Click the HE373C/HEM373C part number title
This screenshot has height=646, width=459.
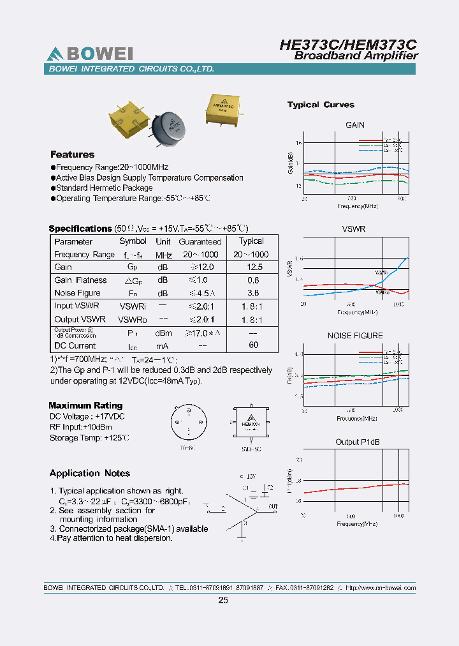(x=348, y=44)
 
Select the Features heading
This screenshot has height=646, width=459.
(x=72, y=154)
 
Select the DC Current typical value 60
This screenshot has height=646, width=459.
(x=253, y=345)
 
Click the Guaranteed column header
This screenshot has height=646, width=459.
(x=200, y=241)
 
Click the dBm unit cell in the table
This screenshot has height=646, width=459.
(x=163, y=333)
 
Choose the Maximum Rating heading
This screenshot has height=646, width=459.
(x=85, y=405)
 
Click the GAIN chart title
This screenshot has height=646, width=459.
(x=355, y=125)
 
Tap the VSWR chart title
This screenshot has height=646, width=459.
(x=354, y=229)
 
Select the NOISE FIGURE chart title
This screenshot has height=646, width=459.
(x=355, y=335)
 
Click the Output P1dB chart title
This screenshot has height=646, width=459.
(x=356, y=442)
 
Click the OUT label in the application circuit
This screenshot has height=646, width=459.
(x=273, y=506)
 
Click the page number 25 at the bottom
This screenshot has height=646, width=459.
(x=222, y=600)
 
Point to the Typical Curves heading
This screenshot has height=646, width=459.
(x=321, y=105)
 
